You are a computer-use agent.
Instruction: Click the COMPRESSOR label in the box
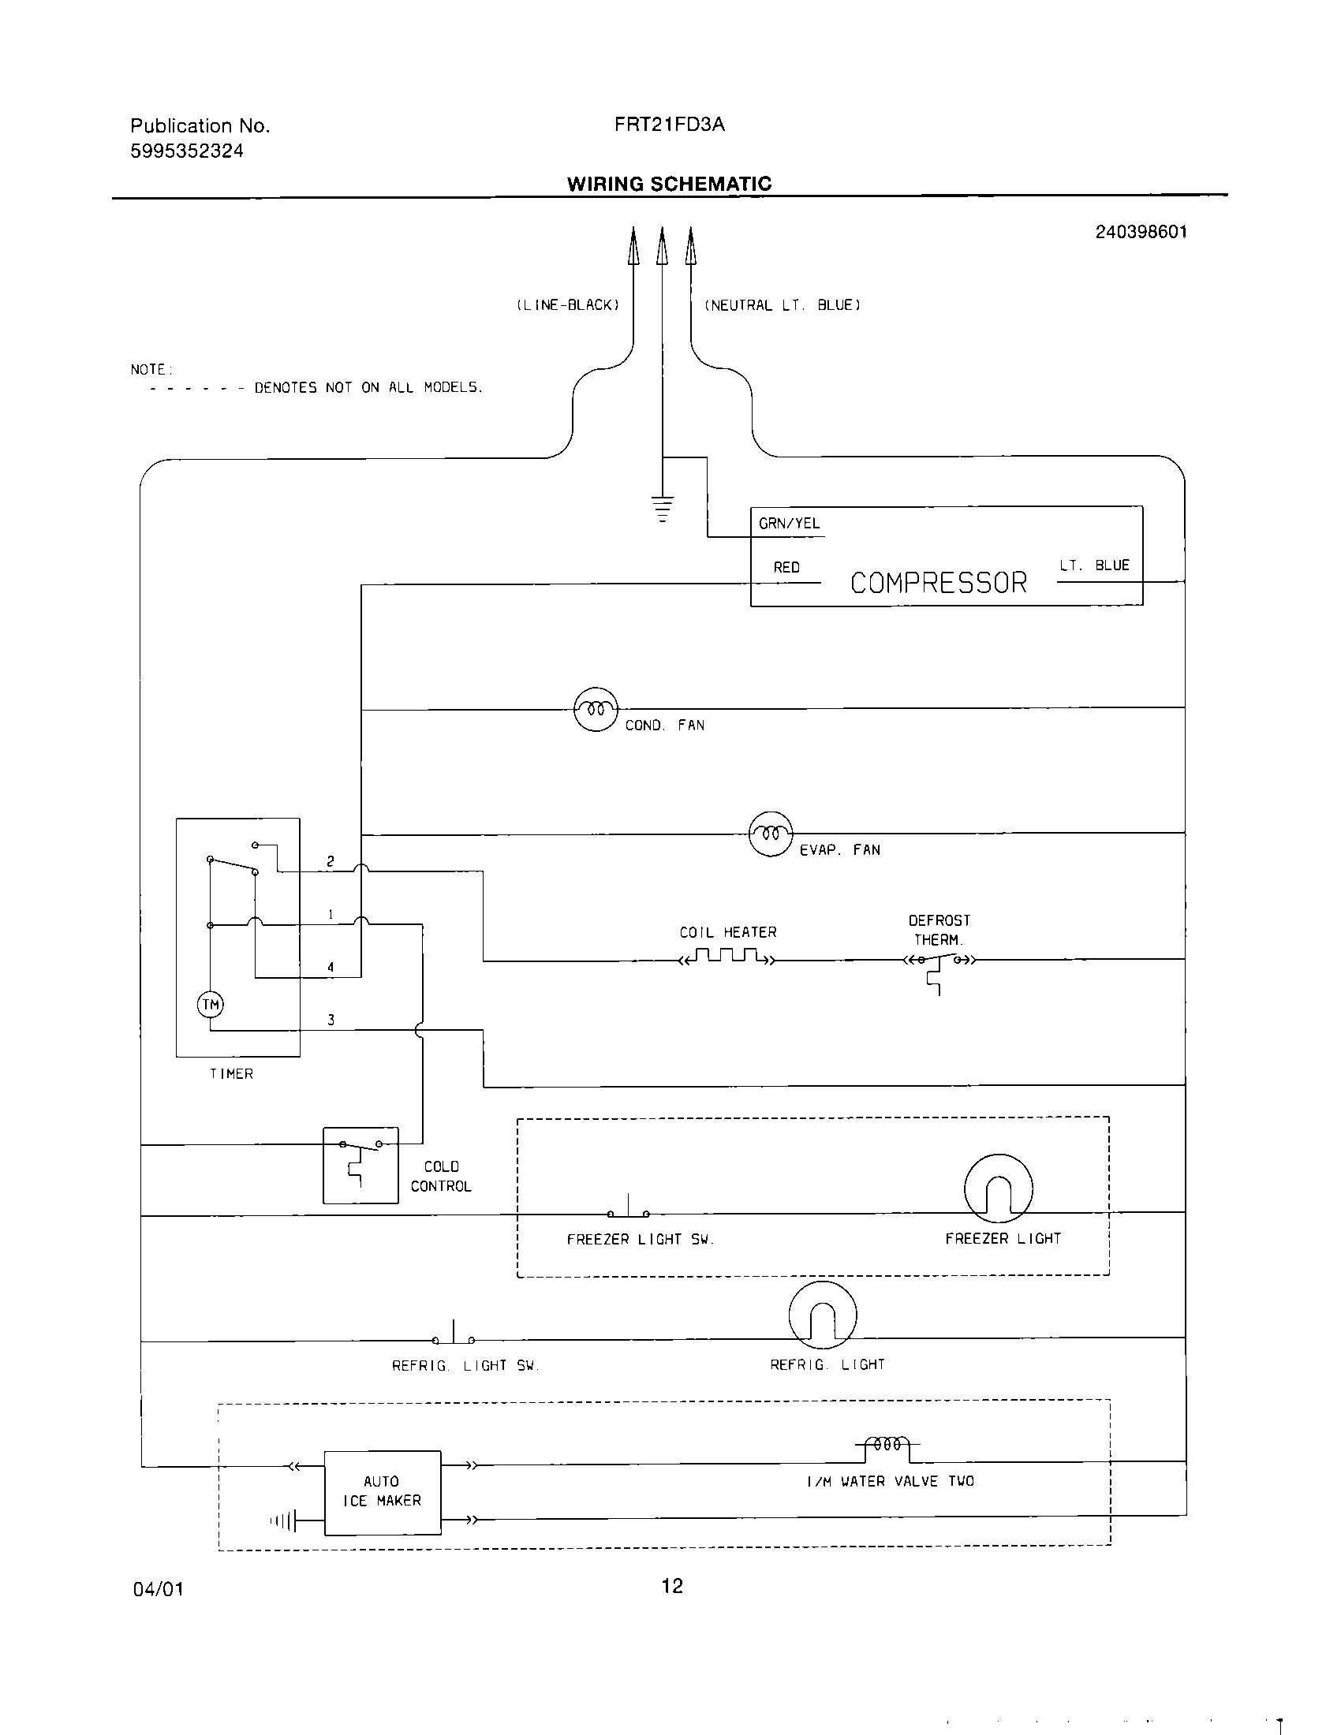(938, 583)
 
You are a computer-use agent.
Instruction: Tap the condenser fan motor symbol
(596, 709)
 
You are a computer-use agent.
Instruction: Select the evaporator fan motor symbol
(771, 834)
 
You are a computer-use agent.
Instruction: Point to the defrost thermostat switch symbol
(939, 964)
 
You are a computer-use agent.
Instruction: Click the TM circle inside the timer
(211, 1005)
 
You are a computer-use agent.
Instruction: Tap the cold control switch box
(360, 1165)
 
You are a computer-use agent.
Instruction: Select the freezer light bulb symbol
(998, 1189)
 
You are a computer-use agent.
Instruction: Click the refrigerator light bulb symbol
(822, 1315)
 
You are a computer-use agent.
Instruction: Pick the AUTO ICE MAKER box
(382, 1492)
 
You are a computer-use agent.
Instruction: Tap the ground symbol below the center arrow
(663, 509)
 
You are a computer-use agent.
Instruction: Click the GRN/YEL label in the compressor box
(789, 524)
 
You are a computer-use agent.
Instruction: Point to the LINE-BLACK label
(568, 305)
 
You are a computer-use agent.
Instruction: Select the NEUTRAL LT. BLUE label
(783, 305)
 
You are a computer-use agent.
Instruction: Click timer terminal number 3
(331, 1020)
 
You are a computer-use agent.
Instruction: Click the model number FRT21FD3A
(669, 125)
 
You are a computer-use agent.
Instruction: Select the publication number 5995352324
(187, 151)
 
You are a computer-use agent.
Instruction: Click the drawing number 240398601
(1141, 232)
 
